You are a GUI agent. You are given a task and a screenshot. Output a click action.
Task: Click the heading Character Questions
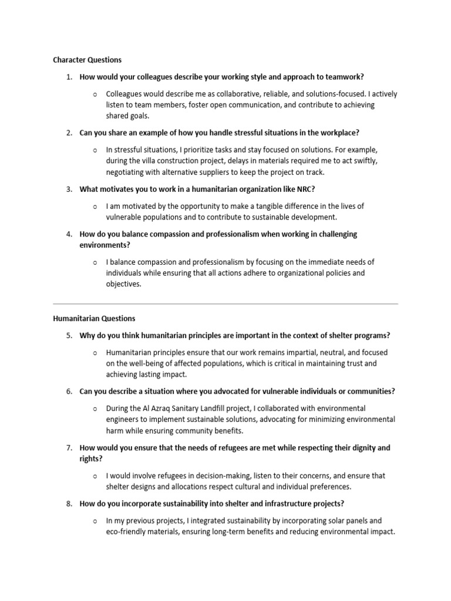pos(87,60)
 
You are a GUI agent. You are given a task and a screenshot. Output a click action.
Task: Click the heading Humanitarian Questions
pos(94,319)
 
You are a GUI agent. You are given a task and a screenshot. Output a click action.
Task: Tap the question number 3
pos(69,189)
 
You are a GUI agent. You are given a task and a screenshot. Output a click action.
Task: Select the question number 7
pos(69,448)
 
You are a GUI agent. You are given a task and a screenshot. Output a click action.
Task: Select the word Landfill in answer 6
pos(216,408)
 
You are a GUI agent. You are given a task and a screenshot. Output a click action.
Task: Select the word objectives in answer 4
pos(123,284)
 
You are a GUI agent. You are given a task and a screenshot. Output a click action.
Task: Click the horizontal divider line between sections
pos(225,304)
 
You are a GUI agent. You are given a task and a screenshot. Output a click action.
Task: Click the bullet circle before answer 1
pos(95,94)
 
